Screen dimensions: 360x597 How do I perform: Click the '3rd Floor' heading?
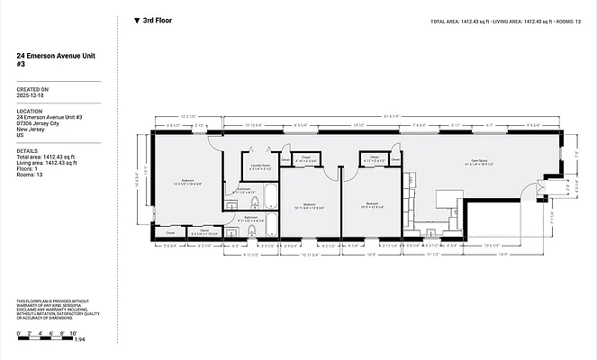158,19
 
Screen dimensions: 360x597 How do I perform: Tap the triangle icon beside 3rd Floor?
136,19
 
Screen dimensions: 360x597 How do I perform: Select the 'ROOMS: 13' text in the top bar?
566,20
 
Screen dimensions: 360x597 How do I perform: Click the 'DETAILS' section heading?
27,151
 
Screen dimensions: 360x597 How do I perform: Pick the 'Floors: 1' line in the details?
30,168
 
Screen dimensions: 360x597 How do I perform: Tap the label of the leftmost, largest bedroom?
188,181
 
